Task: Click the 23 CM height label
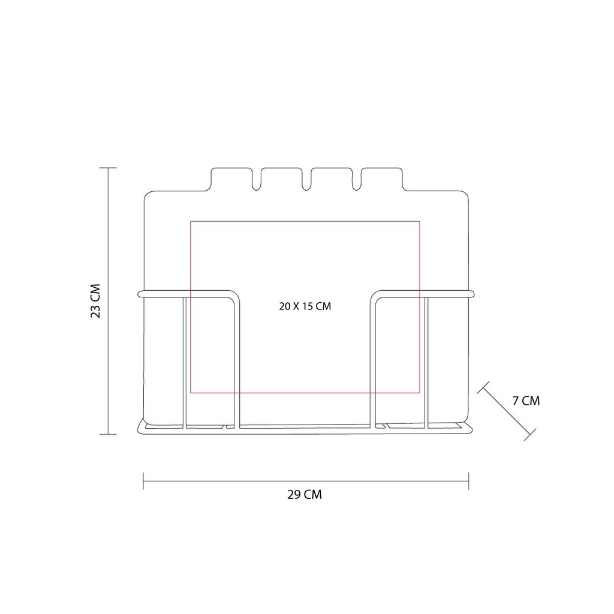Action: [x=96, y=301]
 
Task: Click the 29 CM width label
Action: [x=305, y=495]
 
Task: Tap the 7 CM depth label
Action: [x=526, y=401]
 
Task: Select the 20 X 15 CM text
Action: [x=305, y=306]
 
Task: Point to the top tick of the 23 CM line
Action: [x=108, y=168]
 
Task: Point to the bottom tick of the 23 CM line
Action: [x=108, y=434]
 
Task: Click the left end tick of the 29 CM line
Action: [x=143, y=480]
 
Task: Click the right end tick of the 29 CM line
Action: [x=469, y=480]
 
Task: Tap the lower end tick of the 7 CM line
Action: [x=530, y=435]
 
